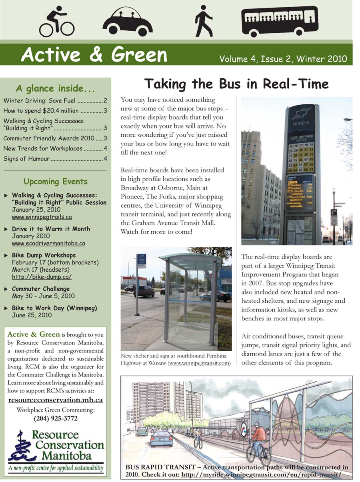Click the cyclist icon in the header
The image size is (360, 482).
(56, 22)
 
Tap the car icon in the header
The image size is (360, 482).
(127, 23)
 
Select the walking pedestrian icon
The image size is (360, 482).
(204, 21)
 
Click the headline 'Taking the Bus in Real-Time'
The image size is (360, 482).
(236, 84)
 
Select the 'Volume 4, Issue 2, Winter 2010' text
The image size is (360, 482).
(283, 59)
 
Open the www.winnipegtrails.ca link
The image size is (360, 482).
(42, 217)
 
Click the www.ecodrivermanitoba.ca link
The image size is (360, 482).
(48, 243)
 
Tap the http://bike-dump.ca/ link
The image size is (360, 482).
(42, 277)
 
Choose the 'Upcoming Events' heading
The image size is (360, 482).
(55, 182)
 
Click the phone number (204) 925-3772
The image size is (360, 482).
(55, 419)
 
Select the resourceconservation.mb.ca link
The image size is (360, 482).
(56, 400)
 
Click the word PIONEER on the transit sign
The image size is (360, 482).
(300, 124)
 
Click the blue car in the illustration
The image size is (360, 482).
(162, 438)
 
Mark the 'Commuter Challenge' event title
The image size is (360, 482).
(41, 289)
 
